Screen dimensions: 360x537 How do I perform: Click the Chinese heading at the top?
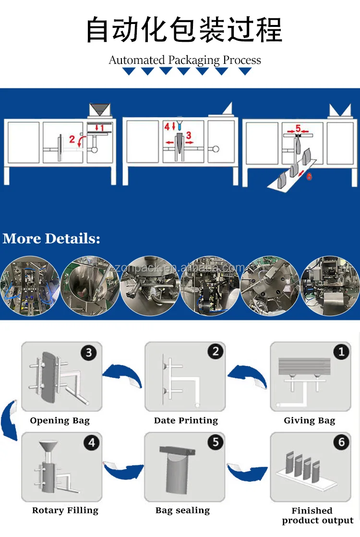tap(184, 30)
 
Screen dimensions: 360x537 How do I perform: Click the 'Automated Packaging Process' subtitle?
tap(185, 60)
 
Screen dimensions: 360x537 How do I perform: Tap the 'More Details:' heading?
tap(51, 239)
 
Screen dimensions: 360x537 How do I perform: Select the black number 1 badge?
tap(341, 352)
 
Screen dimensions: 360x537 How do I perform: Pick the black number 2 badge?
tap(216, 352)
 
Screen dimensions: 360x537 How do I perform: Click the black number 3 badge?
tap(88, 353)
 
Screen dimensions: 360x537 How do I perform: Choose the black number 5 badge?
tap(216, 442)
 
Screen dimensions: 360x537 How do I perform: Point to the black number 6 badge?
tap(341, 442)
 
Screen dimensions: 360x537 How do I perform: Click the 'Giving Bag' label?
tap(309, 421)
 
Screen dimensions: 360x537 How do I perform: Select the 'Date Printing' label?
tap(186, 421)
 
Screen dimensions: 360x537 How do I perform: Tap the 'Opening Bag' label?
tap(60, 421)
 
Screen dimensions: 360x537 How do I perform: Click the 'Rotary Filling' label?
tap(65, 511)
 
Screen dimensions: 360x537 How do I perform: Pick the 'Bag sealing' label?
tap(182, 511)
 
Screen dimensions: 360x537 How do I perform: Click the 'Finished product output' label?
tap(317, 515)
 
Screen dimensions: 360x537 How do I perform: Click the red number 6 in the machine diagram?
tap(309, 176)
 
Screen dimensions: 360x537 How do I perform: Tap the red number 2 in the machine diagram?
tap(72, 139)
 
